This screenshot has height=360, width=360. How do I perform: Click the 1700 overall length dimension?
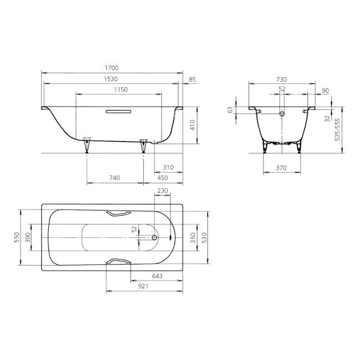point(112,68)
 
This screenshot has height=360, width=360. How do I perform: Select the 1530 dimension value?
point(111,79)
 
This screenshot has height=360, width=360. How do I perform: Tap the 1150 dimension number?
point(121,89)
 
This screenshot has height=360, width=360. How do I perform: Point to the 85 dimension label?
point(192,79)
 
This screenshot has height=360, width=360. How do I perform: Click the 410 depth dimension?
point(193,125)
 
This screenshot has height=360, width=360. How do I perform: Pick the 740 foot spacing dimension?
point(114,178)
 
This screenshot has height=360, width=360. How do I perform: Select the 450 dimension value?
point(163,178)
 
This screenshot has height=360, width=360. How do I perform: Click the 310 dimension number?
point(168,167)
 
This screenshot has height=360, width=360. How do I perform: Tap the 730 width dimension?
point(282,79)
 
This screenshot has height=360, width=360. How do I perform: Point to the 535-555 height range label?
point(338,129)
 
